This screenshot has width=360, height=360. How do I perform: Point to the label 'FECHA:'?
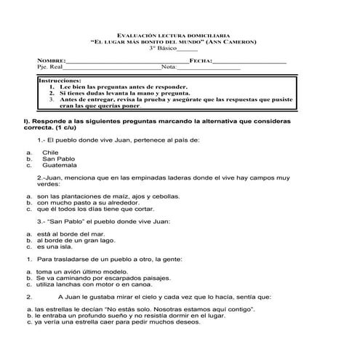click(200, 60)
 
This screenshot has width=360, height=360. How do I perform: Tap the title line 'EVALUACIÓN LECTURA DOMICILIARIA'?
click(179, 35)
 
